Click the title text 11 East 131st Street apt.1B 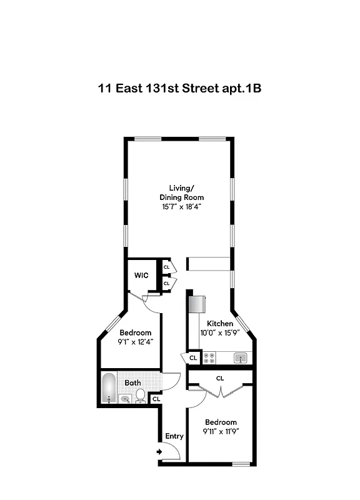click(x=179, y=88)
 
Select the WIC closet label click(x=141, y=275)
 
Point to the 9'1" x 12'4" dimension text click(x=136, y=342)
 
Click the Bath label click(x=132, y=382)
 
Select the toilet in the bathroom click(x=141, y=396)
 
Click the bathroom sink click(x=125, y=398)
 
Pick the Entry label click(x=174, y=436)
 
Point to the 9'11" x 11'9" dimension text click(x=220, y=431)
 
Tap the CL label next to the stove click(x=193, y=358)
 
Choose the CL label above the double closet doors click(x=220, y=378)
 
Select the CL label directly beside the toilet click(x=156, y=398)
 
